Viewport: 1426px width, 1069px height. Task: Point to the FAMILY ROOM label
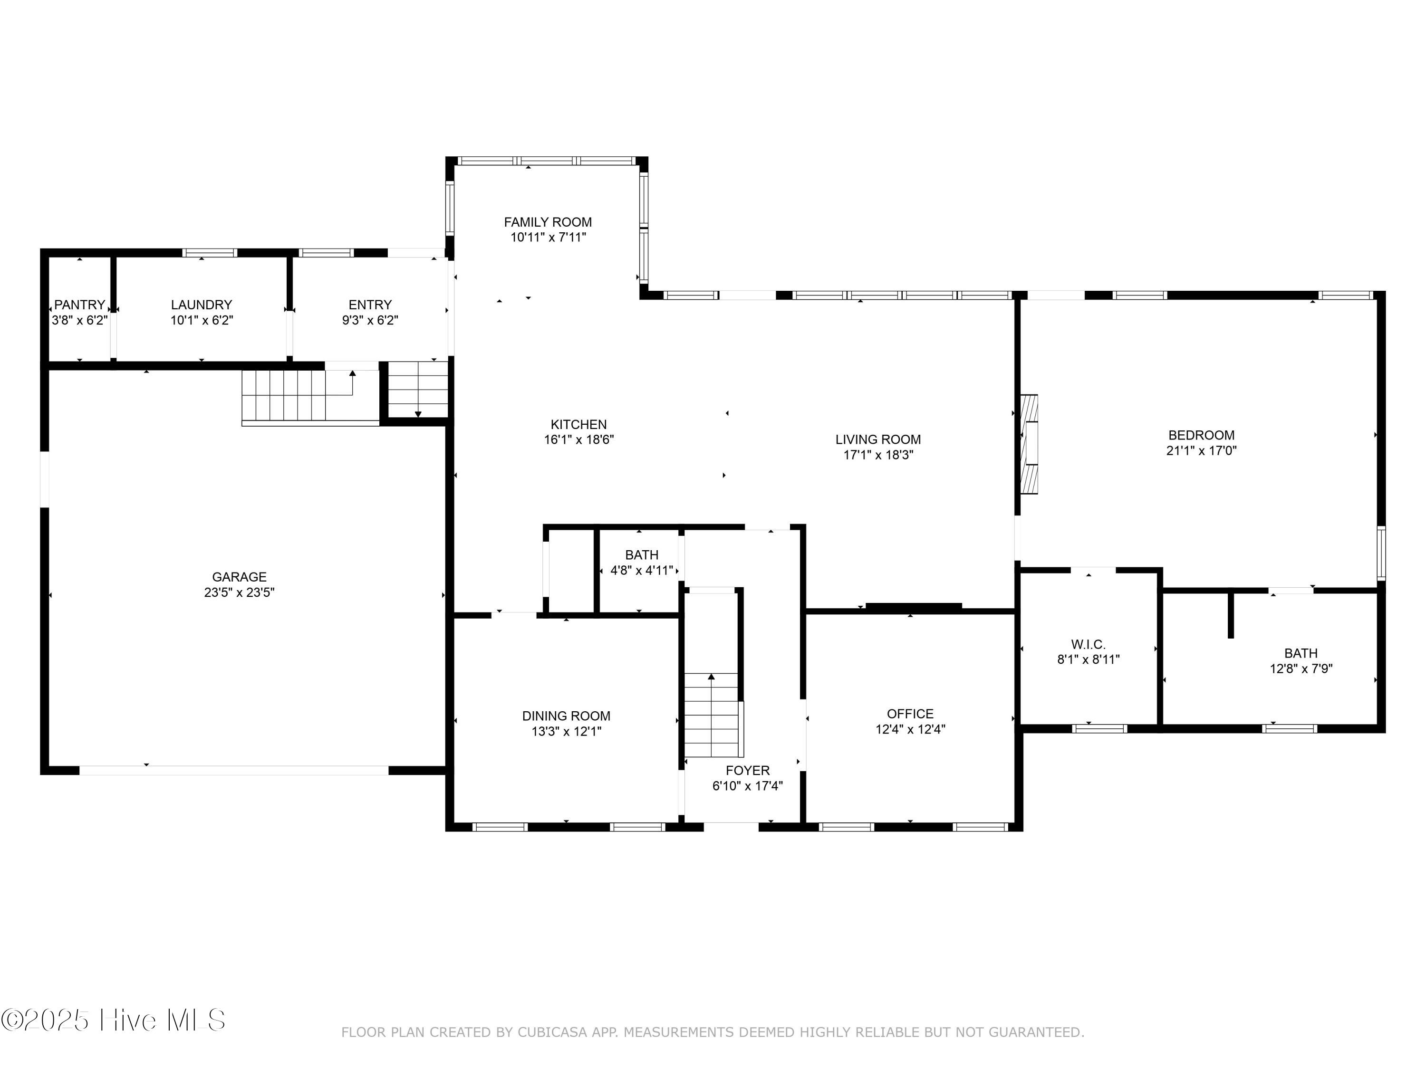pyautogui.click(x=548, y=222)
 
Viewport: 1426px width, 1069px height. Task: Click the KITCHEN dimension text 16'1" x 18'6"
pyautogui.click(x=579, y=440)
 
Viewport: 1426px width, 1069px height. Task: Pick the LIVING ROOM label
pyautogui.click(x=878, y=439)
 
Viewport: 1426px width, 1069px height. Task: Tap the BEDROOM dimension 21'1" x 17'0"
pyautogui.click(x=1202, y=450)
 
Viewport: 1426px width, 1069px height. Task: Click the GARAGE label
pyautogui.click(x=239, y=577)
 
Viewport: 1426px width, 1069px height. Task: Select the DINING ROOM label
pyautogui.click(x=566, y=716)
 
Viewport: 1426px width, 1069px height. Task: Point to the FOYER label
pyautogui.click(x=748, y=771)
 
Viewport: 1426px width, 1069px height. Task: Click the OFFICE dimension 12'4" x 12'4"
pyautogui.click(x=910, y=729)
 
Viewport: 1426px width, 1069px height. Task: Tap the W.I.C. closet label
pyautogui.click(x=1088, y=644)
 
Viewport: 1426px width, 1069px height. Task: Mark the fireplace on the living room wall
pyautogui.click(x=1029, y=444)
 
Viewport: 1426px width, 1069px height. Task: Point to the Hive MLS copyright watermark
pyautogui.click(x=114, y=1020)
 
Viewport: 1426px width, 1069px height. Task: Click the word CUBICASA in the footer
pyautogui.click(x=552, y=1032)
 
